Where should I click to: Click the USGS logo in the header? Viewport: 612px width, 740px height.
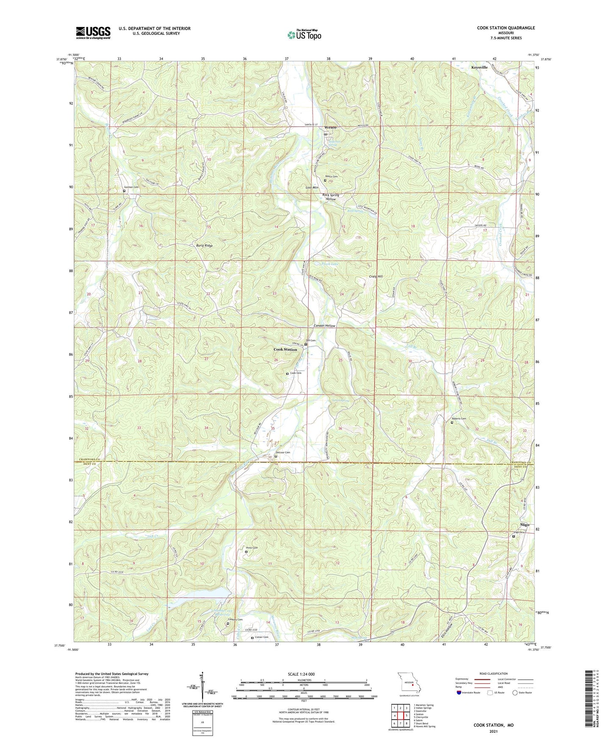click(x=93, y=33)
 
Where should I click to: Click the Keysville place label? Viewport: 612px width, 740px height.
click(x=479, y=67)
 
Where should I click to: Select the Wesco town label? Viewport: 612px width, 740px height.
click(x=330, y=128)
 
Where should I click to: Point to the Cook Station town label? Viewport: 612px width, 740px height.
click(x=285, y=350)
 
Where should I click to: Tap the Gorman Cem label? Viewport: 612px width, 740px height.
click(x=131, y=187)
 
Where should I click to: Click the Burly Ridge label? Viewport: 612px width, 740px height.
click(x=204, y=245)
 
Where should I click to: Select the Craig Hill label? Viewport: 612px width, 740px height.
click(x=375, y=276)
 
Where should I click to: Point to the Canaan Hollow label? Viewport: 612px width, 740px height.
click(x=324, y=326)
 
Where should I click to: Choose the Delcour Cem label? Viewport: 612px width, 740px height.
click(x=283, y=453)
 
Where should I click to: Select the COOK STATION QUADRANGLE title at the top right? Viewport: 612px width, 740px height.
click(x=506, y=28)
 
